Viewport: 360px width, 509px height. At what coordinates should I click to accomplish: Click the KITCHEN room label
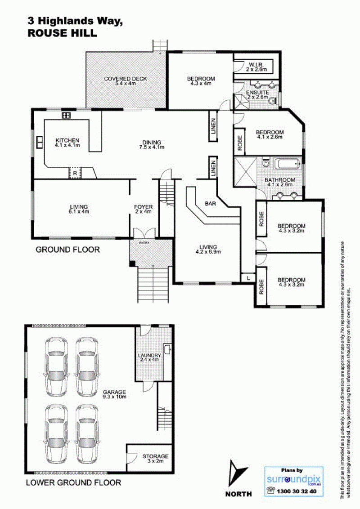click(67, 140)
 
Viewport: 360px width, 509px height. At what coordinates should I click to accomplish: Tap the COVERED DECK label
click(126, 79)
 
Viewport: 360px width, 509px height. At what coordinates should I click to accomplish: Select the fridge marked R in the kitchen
click(75, 173)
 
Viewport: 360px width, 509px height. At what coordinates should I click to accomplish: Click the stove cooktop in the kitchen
click(66, 115)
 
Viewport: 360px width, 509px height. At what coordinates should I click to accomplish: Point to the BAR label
click(211, 204)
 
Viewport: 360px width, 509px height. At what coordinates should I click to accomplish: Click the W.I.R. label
click(256, 65)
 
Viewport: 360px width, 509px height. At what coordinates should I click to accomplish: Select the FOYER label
click(143, 207)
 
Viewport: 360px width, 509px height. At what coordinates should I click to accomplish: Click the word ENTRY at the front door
click(144, 243)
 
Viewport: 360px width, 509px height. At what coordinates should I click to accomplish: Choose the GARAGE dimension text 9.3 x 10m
click(115, 397)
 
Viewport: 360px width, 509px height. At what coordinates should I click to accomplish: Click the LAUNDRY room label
click(149, 356)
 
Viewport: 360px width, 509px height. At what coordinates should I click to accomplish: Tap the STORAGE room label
click(155, 456)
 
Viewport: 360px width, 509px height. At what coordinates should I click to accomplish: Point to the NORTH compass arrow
click(238, 474)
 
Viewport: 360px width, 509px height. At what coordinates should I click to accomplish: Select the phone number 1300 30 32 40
click(296, 491)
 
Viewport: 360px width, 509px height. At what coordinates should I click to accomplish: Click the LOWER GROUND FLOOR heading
click(73, 483)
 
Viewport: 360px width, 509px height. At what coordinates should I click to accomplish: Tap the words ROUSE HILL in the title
click(62, 33)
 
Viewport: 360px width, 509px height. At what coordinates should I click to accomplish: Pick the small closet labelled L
click(248, 278)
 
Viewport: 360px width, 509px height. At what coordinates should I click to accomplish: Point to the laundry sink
click(167, 349)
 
